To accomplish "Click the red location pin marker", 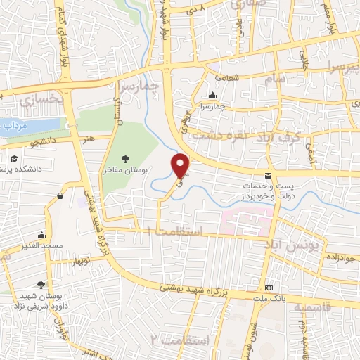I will click(x=181, y=165).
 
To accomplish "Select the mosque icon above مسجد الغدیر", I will click(x=42, y=236).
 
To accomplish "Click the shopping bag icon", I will click(x=61, y=195).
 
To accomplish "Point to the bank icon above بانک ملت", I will click(x=269, y=288).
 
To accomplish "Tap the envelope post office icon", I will click(x=267, y=175).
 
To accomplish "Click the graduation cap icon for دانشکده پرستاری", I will click(x=13, y=160).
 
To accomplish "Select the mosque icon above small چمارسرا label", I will click(x=212, y=96).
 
